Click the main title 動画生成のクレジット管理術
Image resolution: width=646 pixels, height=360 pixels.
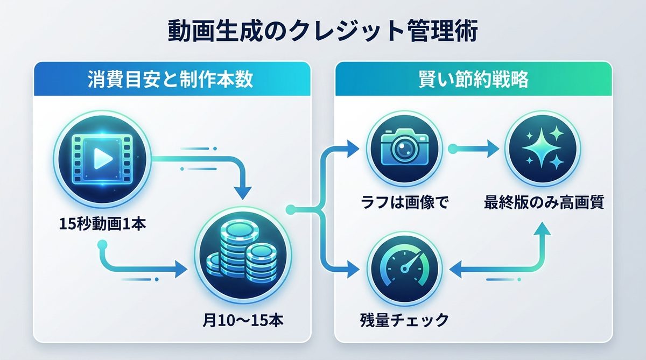(x=322, y=31)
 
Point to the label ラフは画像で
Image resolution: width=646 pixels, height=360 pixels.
(x=405, y=203)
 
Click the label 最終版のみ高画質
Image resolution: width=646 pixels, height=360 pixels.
(x=543, y=203)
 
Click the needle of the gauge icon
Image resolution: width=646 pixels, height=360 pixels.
(x=411, y=264)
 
